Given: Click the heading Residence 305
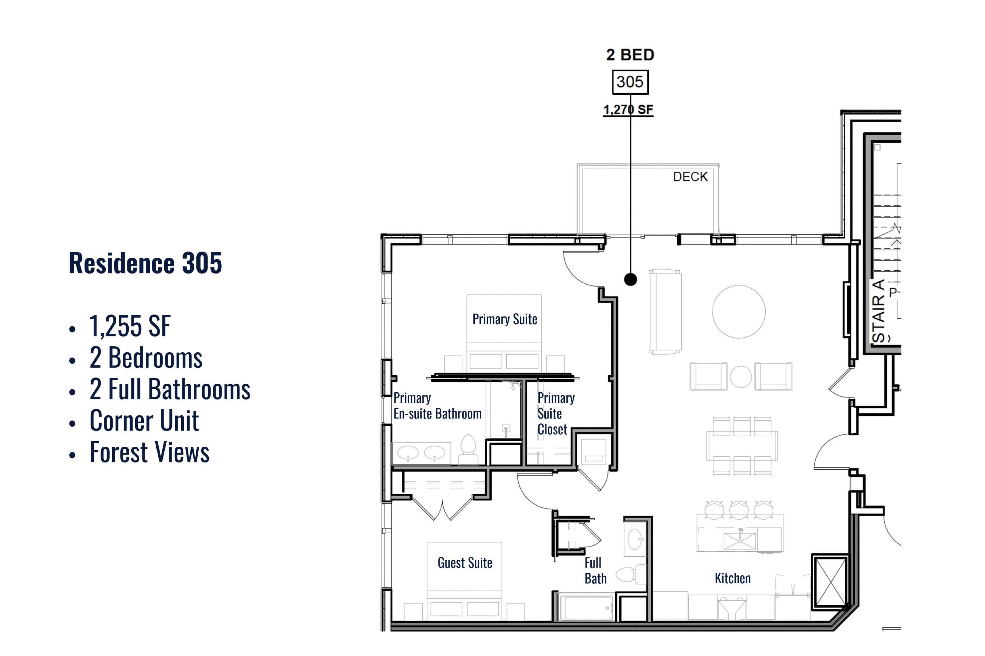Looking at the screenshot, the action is coord(145,263).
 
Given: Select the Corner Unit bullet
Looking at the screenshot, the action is coord(144,420).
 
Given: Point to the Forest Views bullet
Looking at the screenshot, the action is coord(149,452).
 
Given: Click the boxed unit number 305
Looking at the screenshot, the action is coord(630,82).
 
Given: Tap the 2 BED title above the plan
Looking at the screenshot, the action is coord(630,55).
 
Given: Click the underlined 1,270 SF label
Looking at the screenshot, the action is coord(628,110).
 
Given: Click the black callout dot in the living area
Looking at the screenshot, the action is coord(630,279).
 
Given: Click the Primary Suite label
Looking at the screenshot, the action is coord(505,319).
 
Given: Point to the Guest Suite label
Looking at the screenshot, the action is coord(465,563).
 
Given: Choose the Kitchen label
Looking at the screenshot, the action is coord(733,578).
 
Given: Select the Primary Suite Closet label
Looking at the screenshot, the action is coord(556,414).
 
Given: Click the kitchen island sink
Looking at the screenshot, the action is coord(740,541).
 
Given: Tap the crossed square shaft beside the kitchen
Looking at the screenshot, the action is coord(830,582).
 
